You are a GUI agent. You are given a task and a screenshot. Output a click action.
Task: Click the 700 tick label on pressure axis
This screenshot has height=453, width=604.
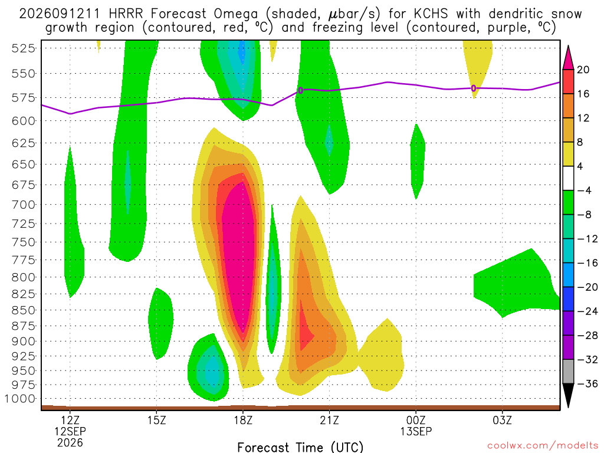[24, 205]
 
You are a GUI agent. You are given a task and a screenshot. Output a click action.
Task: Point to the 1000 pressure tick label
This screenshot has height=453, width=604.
[21, 399]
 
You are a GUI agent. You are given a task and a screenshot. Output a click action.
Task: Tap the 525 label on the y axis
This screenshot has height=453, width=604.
[24, 48]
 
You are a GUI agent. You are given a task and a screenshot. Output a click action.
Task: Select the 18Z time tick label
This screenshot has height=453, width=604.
[243, 420]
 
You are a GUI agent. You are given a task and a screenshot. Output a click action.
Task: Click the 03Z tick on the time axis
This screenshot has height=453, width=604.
[503, 420]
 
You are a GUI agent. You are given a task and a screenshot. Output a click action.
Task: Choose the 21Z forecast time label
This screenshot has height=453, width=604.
[329, 420]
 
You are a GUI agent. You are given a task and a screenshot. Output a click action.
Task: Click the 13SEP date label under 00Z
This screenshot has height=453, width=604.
[416, 431]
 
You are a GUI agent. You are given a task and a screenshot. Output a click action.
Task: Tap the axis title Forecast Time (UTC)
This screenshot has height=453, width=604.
[300, 447]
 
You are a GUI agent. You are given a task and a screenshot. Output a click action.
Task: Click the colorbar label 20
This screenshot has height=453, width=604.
[583, 70]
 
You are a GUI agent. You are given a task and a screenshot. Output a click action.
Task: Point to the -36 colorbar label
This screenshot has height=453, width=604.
[587, 383]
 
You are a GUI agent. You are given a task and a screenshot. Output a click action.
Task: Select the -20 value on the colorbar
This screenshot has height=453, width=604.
[587, 287]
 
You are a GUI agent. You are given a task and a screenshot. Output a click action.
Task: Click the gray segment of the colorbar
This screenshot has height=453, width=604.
[568, 372]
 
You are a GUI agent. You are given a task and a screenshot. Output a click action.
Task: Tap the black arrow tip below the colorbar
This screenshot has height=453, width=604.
[568, 407]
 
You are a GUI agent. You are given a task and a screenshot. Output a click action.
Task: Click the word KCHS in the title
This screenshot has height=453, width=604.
[431, 14]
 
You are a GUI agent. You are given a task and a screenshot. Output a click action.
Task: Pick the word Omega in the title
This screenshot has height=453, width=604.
[236, 14]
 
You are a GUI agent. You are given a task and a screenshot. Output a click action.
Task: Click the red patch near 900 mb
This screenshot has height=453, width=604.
[306, 331]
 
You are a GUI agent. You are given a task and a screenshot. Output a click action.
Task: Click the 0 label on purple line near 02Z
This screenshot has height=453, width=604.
[474, 88]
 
